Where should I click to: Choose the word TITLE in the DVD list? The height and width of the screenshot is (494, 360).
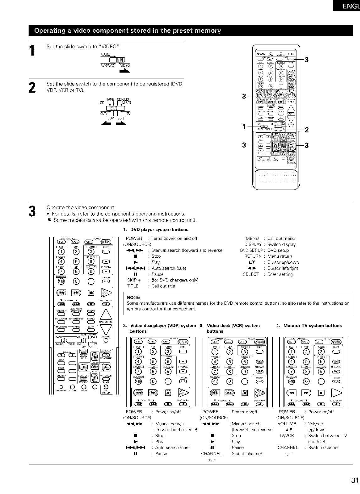pos(133,286)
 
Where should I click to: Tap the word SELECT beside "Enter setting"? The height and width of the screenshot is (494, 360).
pos(251,274)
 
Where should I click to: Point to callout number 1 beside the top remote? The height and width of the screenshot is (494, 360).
pos(244,127)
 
